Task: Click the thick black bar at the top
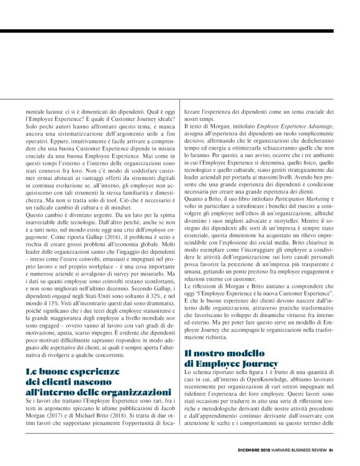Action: click(180, 30)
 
